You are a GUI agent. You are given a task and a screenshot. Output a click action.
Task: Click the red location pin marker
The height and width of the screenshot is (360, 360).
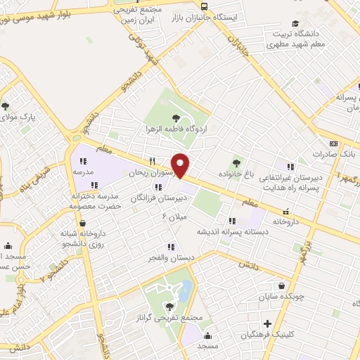point(181,165)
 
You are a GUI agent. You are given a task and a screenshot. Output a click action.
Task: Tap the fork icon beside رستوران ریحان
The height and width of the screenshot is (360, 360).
point(150,161)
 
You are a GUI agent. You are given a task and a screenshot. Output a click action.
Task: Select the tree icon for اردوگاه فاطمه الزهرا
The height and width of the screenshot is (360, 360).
point(176,118)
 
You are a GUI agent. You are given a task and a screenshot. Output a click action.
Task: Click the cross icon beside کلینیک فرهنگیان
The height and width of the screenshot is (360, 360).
point(267,324)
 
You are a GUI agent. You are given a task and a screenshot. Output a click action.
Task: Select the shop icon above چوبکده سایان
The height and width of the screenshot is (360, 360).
point(282,286)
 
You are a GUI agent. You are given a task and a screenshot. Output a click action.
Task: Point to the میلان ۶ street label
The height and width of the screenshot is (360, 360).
point(174,217)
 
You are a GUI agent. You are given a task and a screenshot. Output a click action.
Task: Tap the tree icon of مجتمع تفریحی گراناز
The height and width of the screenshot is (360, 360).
point(169,307)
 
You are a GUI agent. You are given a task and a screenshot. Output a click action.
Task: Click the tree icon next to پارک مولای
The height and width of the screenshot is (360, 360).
point(6,106)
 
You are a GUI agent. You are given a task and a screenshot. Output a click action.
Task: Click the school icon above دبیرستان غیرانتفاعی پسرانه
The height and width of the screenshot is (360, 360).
point(289,166)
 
